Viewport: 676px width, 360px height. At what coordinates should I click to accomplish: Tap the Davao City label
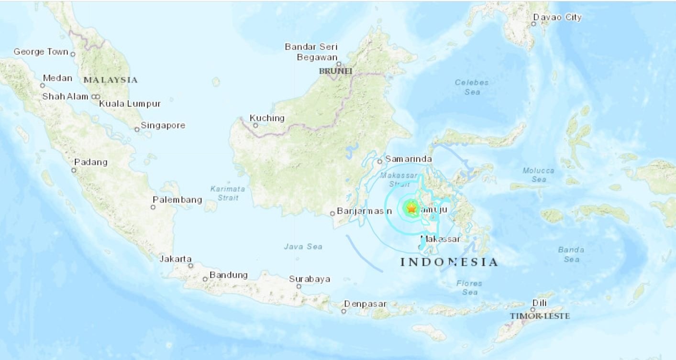tap(560, 18)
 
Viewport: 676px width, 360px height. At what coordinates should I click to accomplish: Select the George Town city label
tap(41, 52)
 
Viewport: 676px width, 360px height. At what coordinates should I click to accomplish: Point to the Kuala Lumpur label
tap(130, 104)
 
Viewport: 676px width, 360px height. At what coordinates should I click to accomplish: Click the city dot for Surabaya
tap(299, 286)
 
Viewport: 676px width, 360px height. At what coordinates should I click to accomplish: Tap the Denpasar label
tap(364, 304)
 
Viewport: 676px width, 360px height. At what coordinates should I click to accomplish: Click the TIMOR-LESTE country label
tap(540, 316)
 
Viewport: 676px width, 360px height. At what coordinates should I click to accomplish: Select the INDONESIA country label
tap(449, 262)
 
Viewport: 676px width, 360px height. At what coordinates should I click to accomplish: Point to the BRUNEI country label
tap(335, 71)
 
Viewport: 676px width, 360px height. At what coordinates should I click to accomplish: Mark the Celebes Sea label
tap(472, 87)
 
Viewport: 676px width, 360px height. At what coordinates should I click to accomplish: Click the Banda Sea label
tap(571, 254)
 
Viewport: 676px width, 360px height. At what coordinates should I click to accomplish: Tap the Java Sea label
tap(303, 247)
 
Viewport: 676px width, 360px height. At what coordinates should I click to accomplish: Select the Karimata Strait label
tap(228, 193)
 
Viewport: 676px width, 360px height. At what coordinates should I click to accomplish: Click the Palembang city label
tap(177, 200)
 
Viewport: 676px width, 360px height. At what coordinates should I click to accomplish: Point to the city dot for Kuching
tap(255, 126)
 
